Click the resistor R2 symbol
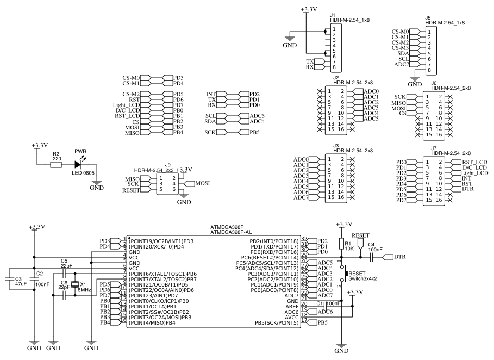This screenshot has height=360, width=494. pyautogui.click(x=56, y=165)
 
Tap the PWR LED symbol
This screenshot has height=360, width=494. pyautogui.click(x=78, y=163)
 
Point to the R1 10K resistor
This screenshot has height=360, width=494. pyautogui.click(x=341, y=244)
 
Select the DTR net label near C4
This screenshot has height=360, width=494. pyautogui.click(x=399, y=256)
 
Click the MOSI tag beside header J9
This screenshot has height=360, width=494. pyautogui.click(x=202, y=184)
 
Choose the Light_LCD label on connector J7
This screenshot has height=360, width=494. pyautogui.click(x=474, y=173)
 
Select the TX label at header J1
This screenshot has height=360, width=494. pyautogui.click(x=310, y=61)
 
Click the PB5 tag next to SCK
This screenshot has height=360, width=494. pyautogui.click(x=254, y=132)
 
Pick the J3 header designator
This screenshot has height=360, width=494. pyautogui.click(x=336, y=146)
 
